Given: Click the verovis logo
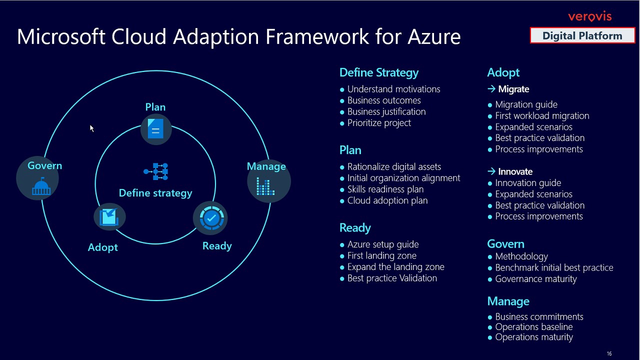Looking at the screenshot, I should coord(589,17).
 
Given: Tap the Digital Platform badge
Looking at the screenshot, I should coord(582,36).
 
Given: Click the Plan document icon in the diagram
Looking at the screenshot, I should coord(155,129).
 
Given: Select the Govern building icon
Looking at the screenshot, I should coord(40,186).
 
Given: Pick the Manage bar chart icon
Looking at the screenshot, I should coord(265,186).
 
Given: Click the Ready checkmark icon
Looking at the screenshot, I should coord(210,218).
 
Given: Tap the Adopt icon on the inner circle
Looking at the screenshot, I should coord(109,217).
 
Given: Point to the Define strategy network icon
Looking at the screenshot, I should coord(156,171).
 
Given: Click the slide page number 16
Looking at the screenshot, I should coord(609,354).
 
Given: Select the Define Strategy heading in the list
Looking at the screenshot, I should coord(378,73).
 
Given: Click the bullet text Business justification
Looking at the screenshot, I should coord(386,112).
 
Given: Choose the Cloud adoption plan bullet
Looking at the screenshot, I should coord(387,201).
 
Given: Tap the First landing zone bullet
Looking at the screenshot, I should coord(381,256).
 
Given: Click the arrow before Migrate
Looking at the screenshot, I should coord(491,89).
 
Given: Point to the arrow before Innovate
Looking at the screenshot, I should coord(491,171).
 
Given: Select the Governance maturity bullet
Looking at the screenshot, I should coord(535,279).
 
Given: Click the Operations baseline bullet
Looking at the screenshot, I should coord(533,327).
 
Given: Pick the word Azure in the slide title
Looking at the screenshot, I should coord(433,37).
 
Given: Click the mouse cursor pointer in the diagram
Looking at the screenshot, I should coord(92,128).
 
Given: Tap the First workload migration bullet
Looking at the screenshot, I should coord(541,116).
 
